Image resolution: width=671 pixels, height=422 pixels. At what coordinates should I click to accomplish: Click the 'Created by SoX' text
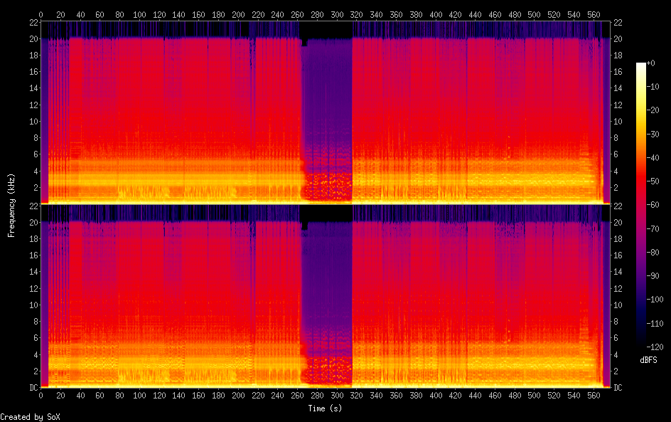coord(30,416)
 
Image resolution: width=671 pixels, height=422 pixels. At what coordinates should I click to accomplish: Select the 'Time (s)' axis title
coord(325,408)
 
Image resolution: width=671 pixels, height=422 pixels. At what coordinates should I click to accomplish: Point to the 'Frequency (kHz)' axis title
coord(11,204)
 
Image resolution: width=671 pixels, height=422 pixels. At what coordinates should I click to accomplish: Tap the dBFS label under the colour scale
coord(648,360)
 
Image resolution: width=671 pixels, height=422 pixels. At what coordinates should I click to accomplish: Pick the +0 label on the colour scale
coord(648,64)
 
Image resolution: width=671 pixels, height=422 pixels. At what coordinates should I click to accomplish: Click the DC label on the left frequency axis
coord(33,388)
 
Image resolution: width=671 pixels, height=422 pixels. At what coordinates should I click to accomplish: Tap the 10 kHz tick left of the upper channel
coord(33,121)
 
